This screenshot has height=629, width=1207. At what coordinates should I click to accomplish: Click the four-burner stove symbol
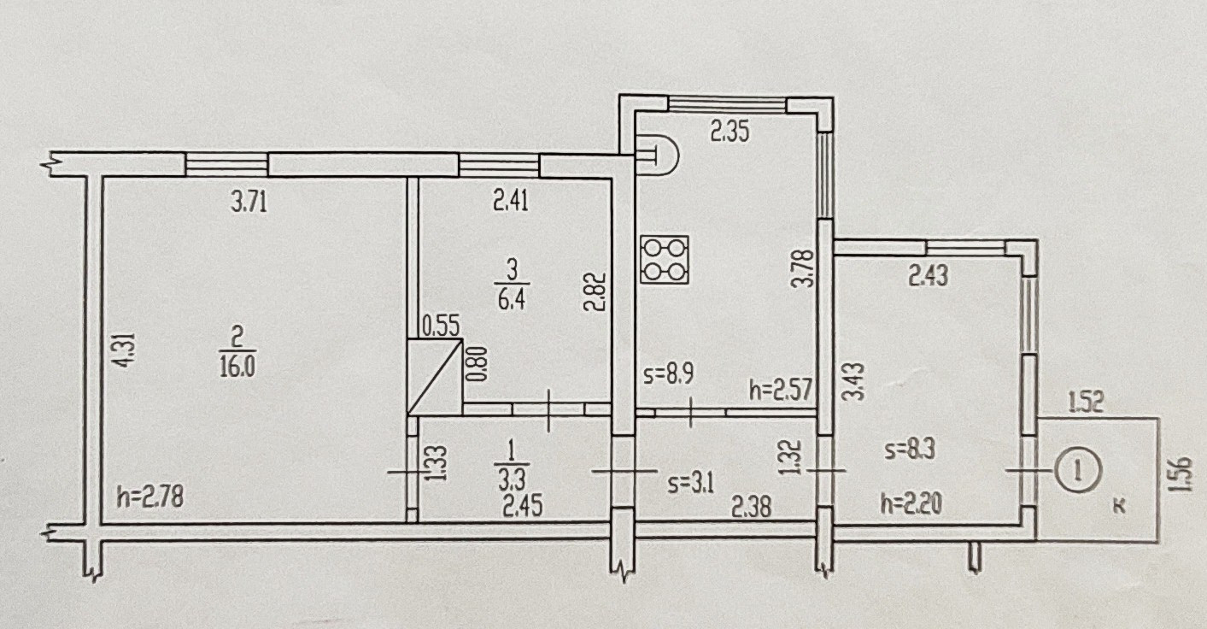pyautogui.click(x=665, y=260)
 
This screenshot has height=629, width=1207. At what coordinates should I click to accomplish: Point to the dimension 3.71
pyautogui.click(x=249, y=203)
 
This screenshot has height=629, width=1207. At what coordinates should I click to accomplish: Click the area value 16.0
pyautogui.click(x=237, y=367)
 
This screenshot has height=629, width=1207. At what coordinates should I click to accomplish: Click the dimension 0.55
pyautogui.click(x=441, y=327)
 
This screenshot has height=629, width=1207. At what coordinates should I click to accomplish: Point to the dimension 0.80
pyautogui.click(x=478, y=364)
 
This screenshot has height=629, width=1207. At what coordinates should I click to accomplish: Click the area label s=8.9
pyautogui.click(x=669, y=374)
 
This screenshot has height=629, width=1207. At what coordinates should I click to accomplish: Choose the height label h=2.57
pyautogui.click(x=782, y=390)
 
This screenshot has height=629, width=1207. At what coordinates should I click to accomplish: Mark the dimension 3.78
pyautogui.click(x=805, y=267)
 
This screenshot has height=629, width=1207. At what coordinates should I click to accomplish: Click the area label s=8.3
pyautogui.click(x=910, y=450)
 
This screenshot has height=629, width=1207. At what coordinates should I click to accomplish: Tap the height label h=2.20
pyautogui.click(x=911, y=504)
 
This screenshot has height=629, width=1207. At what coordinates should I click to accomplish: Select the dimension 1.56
pyautogui.click(x=1181, y=474)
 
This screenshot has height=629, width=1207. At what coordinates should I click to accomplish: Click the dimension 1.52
pyautogui.click(x=1087, y=402)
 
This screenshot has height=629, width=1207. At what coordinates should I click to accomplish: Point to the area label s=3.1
pyautogui.click(x=691, y=484)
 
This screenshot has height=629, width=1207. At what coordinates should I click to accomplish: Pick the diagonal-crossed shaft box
pyautogui.click(x=435, y=377)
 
